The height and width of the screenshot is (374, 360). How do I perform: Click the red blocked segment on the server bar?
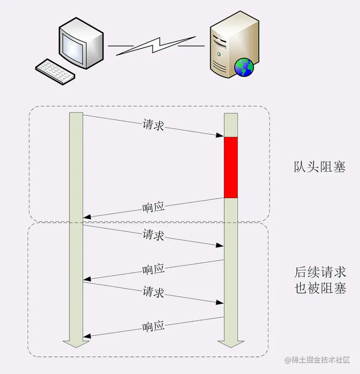(231, 167)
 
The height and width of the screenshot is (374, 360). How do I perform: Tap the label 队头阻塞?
(320, 167)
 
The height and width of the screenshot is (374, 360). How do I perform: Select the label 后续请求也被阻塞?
(320, 280)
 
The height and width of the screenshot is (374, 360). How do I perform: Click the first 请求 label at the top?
(153, 125)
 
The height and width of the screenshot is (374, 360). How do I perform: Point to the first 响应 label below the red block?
(153, 207)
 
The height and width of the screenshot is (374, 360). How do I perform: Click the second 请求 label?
(153, 235)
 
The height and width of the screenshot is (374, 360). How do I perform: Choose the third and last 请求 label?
(153, 292)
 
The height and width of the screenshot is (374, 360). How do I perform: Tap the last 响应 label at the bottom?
(153, 326)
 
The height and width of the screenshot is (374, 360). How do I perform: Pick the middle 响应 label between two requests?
(153, 269)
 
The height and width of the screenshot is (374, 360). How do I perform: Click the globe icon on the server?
(244, 67)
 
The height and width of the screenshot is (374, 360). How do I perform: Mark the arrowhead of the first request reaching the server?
(220, 135)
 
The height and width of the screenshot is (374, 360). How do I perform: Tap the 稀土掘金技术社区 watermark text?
(318, 360)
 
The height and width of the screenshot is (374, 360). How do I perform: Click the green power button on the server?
(219, 54)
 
